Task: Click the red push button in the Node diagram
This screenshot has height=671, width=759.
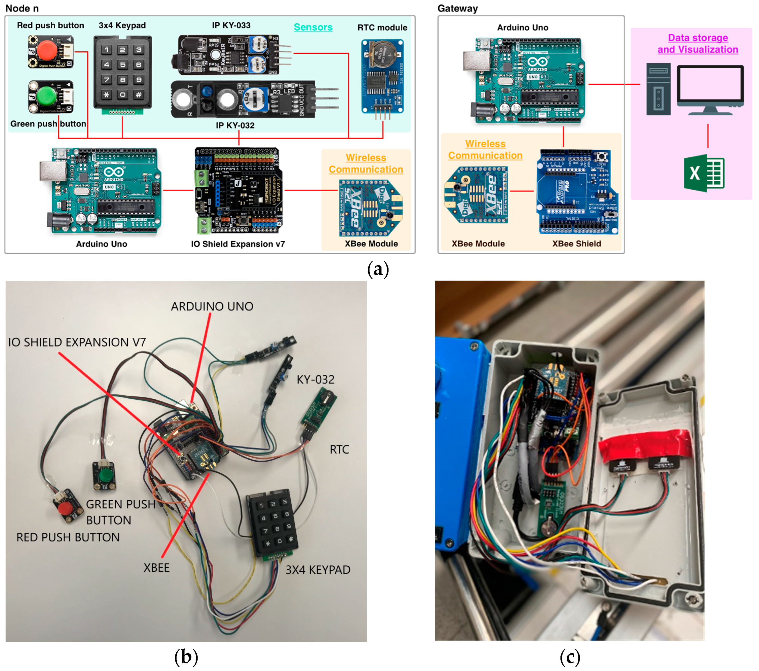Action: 47,51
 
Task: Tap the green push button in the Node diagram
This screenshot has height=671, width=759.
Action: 47,96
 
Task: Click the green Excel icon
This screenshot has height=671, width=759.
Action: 704,173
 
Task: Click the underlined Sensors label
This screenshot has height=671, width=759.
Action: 313,27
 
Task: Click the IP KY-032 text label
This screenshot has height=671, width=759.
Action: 235,126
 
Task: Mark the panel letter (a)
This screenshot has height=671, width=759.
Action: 378,269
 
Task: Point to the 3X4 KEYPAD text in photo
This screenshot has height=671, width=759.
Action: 318,569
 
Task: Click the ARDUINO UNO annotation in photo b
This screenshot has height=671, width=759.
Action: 212,307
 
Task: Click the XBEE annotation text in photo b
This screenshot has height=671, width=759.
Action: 156,567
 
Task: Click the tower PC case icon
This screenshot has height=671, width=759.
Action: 658,89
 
